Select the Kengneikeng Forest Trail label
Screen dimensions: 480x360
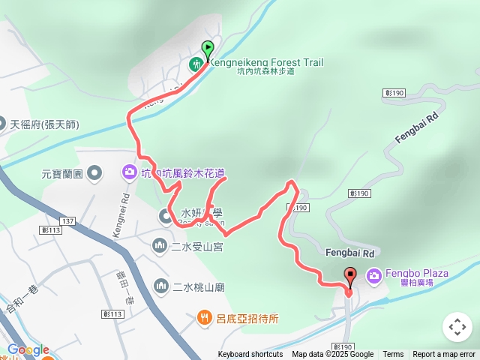coord(265,62)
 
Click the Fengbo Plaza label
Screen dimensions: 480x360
coord(417,273)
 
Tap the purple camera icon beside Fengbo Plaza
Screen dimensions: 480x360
coord(373,277)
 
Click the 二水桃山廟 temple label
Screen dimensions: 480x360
coord(199,286)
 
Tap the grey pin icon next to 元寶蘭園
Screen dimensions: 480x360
coord(94,175)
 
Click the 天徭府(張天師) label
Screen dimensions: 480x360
coord(45,124)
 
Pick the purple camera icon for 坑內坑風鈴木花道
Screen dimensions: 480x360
coord(129,173)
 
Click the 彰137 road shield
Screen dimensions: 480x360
coord(67,221)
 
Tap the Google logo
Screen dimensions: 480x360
coord(28,349)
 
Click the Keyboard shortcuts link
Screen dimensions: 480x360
coord(250,355)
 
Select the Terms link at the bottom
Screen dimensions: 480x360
coord(393,355)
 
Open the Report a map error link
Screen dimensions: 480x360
coord(444,355)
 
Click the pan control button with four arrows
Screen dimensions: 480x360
coord(457,327)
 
